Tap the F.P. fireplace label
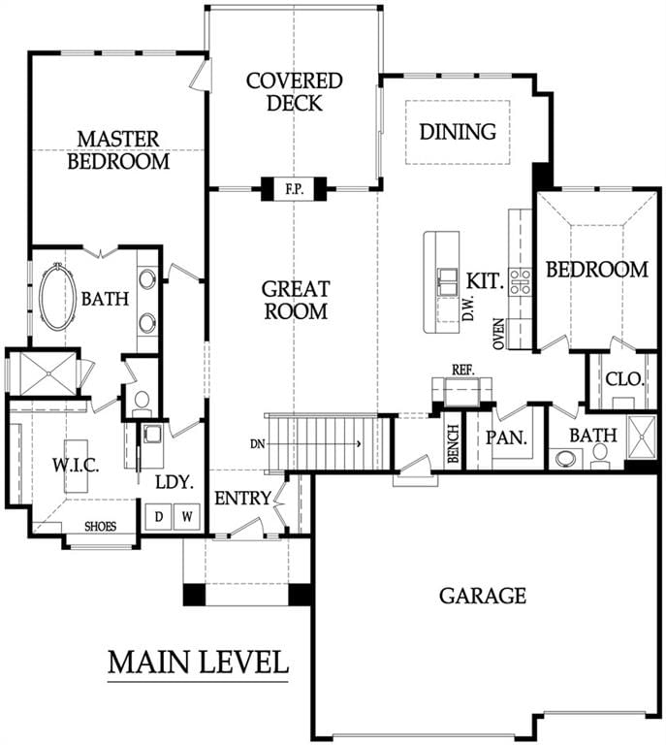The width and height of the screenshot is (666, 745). point(294,189)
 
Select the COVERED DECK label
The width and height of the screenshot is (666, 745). point(295,92)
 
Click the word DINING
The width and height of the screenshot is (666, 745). point(458,132)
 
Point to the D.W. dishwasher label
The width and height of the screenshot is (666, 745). point(469,307)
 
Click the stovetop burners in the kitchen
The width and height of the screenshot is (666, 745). point(520,280)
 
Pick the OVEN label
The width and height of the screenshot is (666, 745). point(498,334)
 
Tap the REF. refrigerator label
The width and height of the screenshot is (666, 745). point(462,371)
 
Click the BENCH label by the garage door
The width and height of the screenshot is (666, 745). point(454,443)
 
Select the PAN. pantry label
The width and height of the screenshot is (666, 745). point(506,437)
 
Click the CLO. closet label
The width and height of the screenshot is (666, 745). point(624,378)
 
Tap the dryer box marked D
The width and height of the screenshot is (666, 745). point(159,516)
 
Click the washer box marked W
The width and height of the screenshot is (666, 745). point(187,516)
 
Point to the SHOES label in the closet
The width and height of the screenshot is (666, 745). point(100,527)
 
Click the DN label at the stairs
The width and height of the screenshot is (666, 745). point(257,444)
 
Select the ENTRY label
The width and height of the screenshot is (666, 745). point(242,499)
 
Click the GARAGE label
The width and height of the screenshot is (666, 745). point(483,596)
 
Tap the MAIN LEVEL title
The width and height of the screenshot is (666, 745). point(198,662)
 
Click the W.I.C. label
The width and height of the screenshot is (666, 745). point(76,466)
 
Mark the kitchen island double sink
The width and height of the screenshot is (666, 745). point(447,282)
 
